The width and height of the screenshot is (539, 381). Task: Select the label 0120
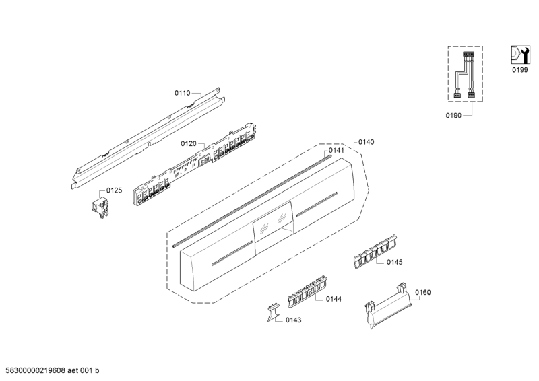click(188, 144)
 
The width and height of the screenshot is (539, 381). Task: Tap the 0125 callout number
click(114, 190)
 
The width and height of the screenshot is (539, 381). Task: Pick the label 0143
click(292, 320)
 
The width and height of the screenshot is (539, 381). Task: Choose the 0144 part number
click(334, 298)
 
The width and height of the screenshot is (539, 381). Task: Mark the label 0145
click(394, 262)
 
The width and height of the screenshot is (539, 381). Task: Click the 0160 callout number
click(423, 292)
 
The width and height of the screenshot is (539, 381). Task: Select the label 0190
click(453, 116)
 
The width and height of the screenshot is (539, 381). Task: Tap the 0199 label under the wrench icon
click(519, 70)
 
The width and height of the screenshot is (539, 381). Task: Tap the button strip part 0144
click(307, 290)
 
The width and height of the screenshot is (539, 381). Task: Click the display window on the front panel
click(273, 221)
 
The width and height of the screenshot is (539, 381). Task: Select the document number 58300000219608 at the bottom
click(53, 371)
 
